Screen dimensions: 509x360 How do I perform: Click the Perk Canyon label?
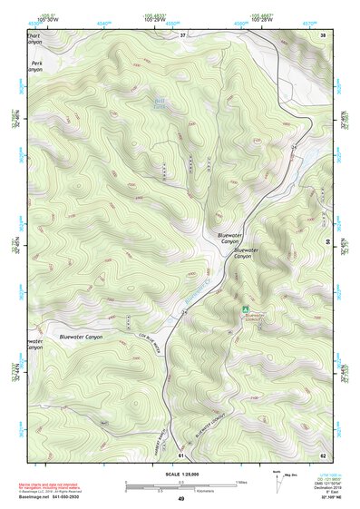tap(36, 66)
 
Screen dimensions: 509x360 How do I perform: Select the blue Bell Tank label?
tap(160, 105)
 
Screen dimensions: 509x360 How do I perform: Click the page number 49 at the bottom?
tap(180, 499)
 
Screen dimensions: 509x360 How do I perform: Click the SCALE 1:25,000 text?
tap(180, 473)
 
